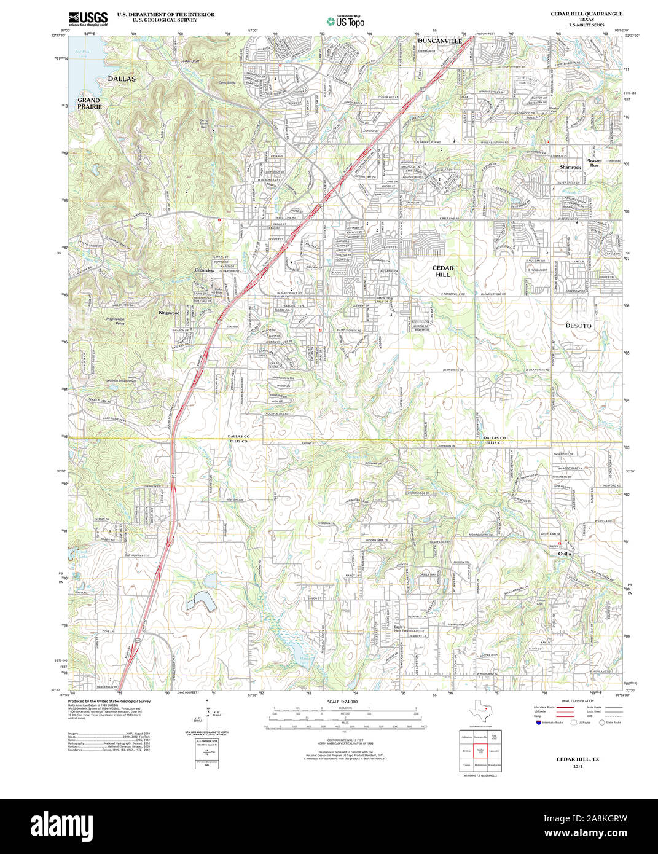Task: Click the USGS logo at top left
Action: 88,18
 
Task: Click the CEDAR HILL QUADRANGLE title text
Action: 586,14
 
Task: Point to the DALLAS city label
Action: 122,79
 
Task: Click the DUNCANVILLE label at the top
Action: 439,41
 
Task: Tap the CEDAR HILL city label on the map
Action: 442,272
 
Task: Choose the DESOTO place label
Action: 578,326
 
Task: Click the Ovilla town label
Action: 565,554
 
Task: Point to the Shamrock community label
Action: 570,167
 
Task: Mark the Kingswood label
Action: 169,313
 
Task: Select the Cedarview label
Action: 204,270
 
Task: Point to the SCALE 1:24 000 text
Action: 342,702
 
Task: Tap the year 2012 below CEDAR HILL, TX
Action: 578,767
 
